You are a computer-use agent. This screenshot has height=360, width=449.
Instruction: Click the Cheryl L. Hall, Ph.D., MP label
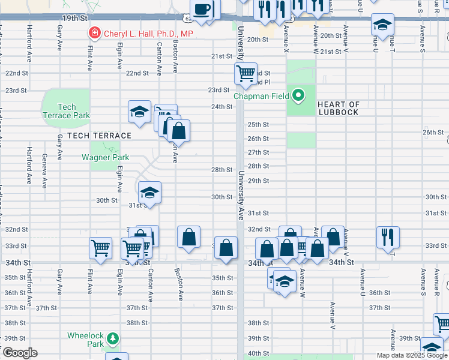point(148,34)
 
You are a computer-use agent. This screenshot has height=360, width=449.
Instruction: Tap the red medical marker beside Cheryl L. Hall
point(94,33)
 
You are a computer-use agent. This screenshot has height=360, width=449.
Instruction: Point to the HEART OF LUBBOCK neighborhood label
point(339,108)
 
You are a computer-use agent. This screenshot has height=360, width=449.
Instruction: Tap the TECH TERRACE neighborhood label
point(91,136)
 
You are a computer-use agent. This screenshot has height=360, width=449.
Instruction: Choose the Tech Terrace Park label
point(66,111)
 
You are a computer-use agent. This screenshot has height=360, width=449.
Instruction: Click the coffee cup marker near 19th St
point(203,10)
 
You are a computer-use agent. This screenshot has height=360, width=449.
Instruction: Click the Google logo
point(20,353)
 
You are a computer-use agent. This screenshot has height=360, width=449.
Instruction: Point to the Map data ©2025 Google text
point(412,355)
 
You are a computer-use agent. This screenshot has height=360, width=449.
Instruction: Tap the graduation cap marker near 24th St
point(139,112)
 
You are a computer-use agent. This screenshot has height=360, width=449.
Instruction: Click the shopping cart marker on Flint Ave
point(100,247)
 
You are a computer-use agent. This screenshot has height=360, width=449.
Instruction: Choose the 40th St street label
point(258,353)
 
